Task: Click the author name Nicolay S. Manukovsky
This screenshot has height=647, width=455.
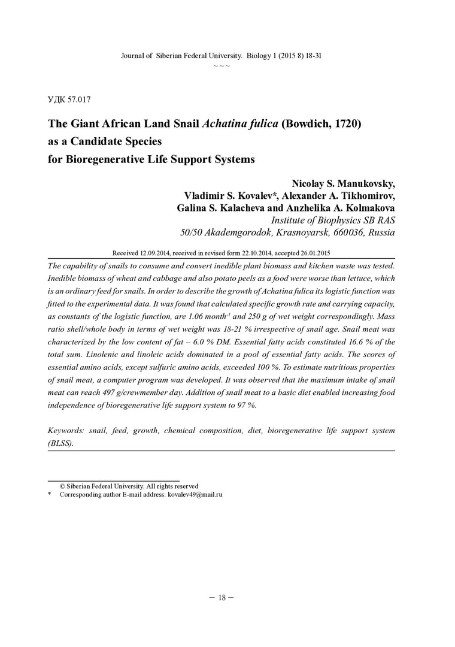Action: (344, 183)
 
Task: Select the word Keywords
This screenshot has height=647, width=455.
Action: (65, 431)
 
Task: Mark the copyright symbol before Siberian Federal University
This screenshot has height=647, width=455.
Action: (62, 486)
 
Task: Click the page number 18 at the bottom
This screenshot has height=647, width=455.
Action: (221, 597)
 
